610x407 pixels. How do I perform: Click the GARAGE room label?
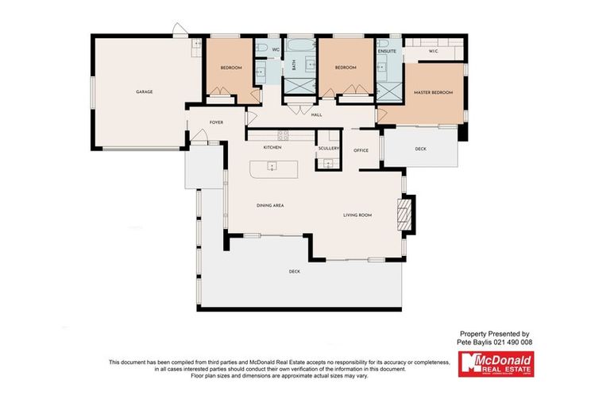tap(144, 91)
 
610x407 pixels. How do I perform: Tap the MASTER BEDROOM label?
tap(433, 93)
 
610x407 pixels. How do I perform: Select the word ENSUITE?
tap(388, 51)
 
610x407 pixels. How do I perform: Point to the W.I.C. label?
tap(433, 52)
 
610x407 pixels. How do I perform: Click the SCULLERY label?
tap(329, 148)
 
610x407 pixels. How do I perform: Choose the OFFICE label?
tap(361, 150)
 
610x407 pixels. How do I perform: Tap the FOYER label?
tap(215, 122)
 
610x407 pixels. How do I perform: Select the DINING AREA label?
tap(270, 206)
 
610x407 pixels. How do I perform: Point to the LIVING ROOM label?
tap(357, 215)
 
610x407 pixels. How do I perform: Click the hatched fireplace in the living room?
tap(404, 214)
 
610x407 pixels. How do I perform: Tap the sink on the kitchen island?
tap(271, 168)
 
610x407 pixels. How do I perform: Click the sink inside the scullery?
tap(327, 165)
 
